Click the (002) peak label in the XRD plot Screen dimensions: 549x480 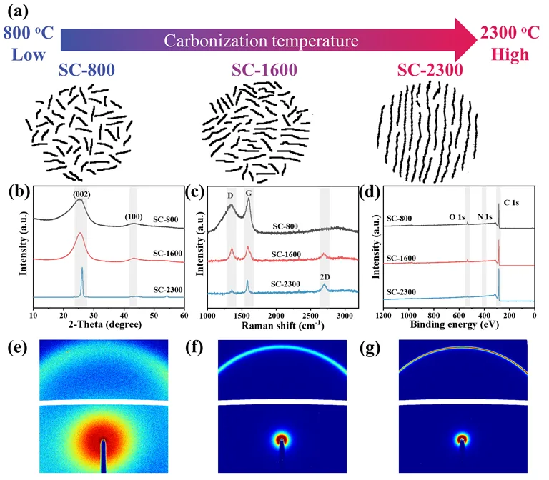[81, 194]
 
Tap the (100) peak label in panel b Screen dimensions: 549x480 [134, 217]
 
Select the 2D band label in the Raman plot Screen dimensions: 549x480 [325, 277]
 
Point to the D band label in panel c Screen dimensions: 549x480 [230, 196]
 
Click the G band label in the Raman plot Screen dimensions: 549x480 [249, 193]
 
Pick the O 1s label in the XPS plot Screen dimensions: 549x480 [457, 217]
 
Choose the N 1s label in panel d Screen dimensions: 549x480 [485, 217]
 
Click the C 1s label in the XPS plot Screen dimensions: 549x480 [511, 203]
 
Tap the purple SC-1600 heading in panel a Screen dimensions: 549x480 [264, 69]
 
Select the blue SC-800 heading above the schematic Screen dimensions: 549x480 [86, 69]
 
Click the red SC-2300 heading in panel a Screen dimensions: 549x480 [430, 69]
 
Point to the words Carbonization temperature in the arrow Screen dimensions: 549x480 [261, 41]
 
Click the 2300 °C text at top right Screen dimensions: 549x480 [510, 33]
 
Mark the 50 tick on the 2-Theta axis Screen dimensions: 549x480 [154, 315]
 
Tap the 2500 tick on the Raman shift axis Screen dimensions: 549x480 [310, 316]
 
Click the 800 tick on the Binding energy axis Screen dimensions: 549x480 [434, 315]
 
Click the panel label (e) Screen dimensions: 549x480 [17, 348]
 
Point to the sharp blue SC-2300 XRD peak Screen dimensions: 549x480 [82, 282]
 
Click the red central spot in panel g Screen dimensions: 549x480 [463, 439]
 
